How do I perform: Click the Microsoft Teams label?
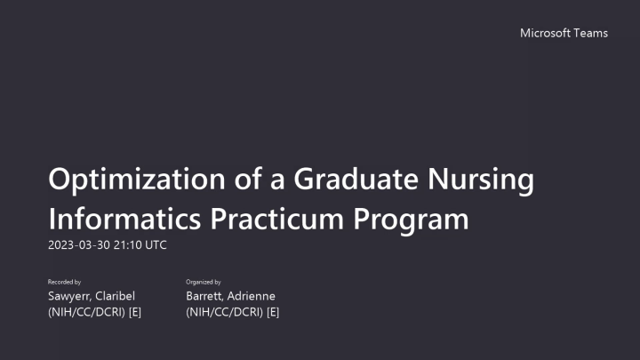(x=564, y=33)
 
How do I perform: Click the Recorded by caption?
(x=64, y=282)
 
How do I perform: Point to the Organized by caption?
(x=204, y=282)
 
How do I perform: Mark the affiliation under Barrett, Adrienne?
(x=233, y=313)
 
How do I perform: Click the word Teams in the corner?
(x=591, y=33)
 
